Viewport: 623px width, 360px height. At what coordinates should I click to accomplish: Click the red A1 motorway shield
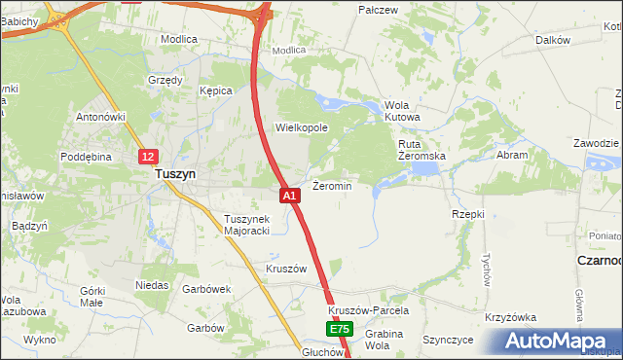pyautogui.click(x=289, y=196)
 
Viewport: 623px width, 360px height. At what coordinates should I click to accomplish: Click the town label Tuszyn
pyautogui.click(x=176, y=174)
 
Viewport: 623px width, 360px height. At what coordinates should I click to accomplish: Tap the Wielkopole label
pyautogui.click(x=302, y=127)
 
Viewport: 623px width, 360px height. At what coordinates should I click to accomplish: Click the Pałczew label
pyautogui.click(x=379, y=10)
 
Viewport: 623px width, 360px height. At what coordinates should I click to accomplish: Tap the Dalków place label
pyautogui.click(x=552, y=40)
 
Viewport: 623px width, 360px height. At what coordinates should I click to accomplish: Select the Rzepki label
pyautogui.click(x=468, y=213)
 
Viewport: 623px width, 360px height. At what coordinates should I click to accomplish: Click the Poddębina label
pyautogui.click(x=88, y=156)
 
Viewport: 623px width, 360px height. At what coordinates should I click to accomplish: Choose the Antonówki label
pyautogui.click(x=102, y=117)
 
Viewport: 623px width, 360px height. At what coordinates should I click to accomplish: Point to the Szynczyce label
pyautogui.click(x=448, y=340)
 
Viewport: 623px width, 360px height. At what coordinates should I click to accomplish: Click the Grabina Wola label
pyautogui.click(x=385, y=340)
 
